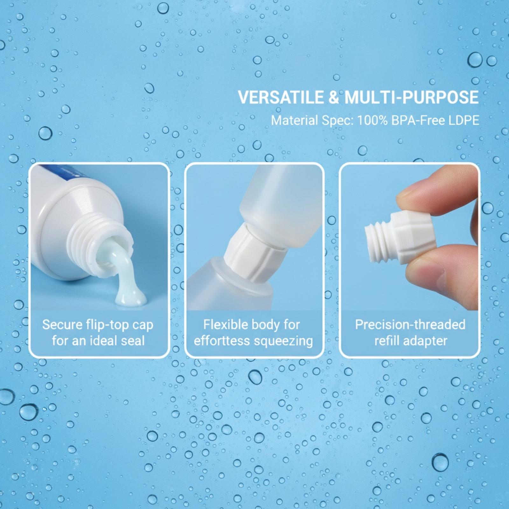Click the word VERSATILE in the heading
point(281,97)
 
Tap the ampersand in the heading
point(334,97)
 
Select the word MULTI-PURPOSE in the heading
point(412,97)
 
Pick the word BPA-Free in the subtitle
point(417,121)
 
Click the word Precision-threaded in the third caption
point(410,325)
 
